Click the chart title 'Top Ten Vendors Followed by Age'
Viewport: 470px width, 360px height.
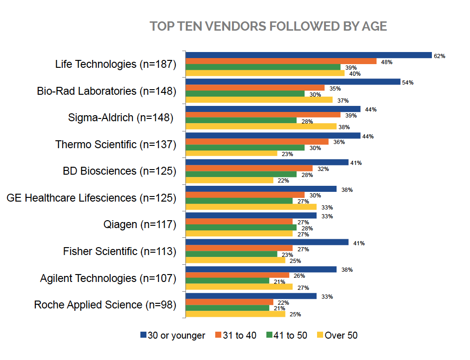click(268, 26)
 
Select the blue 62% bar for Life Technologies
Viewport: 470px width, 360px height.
click(309, 55)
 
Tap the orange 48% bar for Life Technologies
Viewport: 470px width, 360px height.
click(281, 61)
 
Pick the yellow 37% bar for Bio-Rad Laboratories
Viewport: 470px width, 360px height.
click(259, 100)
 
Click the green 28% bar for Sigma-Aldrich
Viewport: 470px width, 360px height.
click(241, 121)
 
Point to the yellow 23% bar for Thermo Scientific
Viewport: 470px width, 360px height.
click(231, 153)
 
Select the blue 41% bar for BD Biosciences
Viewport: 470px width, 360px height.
click(267, 163)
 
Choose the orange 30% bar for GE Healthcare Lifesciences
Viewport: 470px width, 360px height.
click(245, 195)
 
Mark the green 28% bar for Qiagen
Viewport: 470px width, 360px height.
click(241, 228)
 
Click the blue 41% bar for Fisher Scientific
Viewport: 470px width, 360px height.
click(267, 242)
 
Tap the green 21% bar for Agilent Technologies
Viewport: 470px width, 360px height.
click(227, 281)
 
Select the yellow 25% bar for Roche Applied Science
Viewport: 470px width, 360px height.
click(235, 314)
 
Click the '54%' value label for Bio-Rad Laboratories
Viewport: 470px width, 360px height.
click(408, 83)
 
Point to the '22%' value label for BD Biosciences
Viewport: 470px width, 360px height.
click(282, 181)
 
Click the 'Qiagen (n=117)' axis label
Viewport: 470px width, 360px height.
click(139, 225)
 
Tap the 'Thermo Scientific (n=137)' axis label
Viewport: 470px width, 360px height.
click(116, 144)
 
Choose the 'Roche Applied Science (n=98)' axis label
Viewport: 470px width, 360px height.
click(106, 305)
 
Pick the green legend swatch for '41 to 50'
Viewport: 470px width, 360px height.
click(269, 335)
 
